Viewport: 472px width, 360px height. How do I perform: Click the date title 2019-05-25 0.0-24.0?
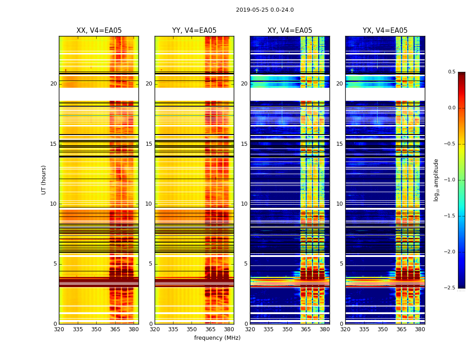265,10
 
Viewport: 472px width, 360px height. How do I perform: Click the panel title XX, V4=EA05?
99,31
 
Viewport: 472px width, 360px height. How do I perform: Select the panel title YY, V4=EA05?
194,31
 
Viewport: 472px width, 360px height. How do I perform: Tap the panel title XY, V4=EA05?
289,31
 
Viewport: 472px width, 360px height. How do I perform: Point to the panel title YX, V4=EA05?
385,31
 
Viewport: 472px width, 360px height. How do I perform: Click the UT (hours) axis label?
44,180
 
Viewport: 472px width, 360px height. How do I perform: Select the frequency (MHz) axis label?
217,338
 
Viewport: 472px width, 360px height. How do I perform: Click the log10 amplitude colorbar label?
436,180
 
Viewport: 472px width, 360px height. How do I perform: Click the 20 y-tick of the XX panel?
53,84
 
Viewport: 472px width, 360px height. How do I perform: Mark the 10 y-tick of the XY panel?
244,204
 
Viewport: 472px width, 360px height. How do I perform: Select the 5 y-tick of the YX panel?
341,264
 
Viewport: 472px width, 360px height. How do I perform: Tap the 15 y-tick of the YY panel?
149,144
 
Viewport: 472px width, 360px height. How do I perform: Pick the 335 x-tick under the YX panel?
364,329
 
